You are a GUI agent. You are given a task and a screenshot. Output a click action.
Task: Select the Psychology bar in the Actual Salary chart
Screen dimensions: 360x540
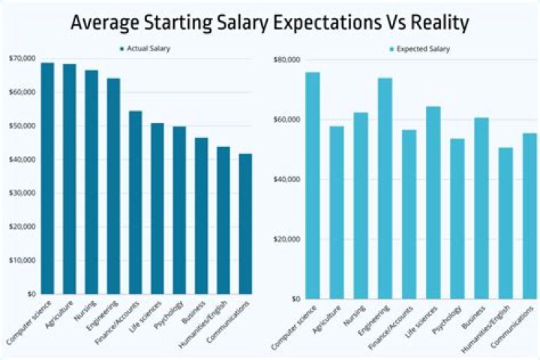[179, 210]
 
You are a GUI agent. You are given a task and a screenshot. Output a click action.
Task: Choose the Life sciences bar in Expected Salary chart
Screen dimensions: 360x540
[433, 202]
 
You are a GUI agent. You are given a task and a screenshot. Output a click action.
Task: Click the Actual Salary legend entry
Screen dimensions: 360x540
[144, 49]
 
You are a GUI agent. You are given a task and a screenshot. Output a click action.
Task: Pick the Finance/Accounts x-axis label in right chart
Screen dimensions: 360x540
[390, 326]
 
